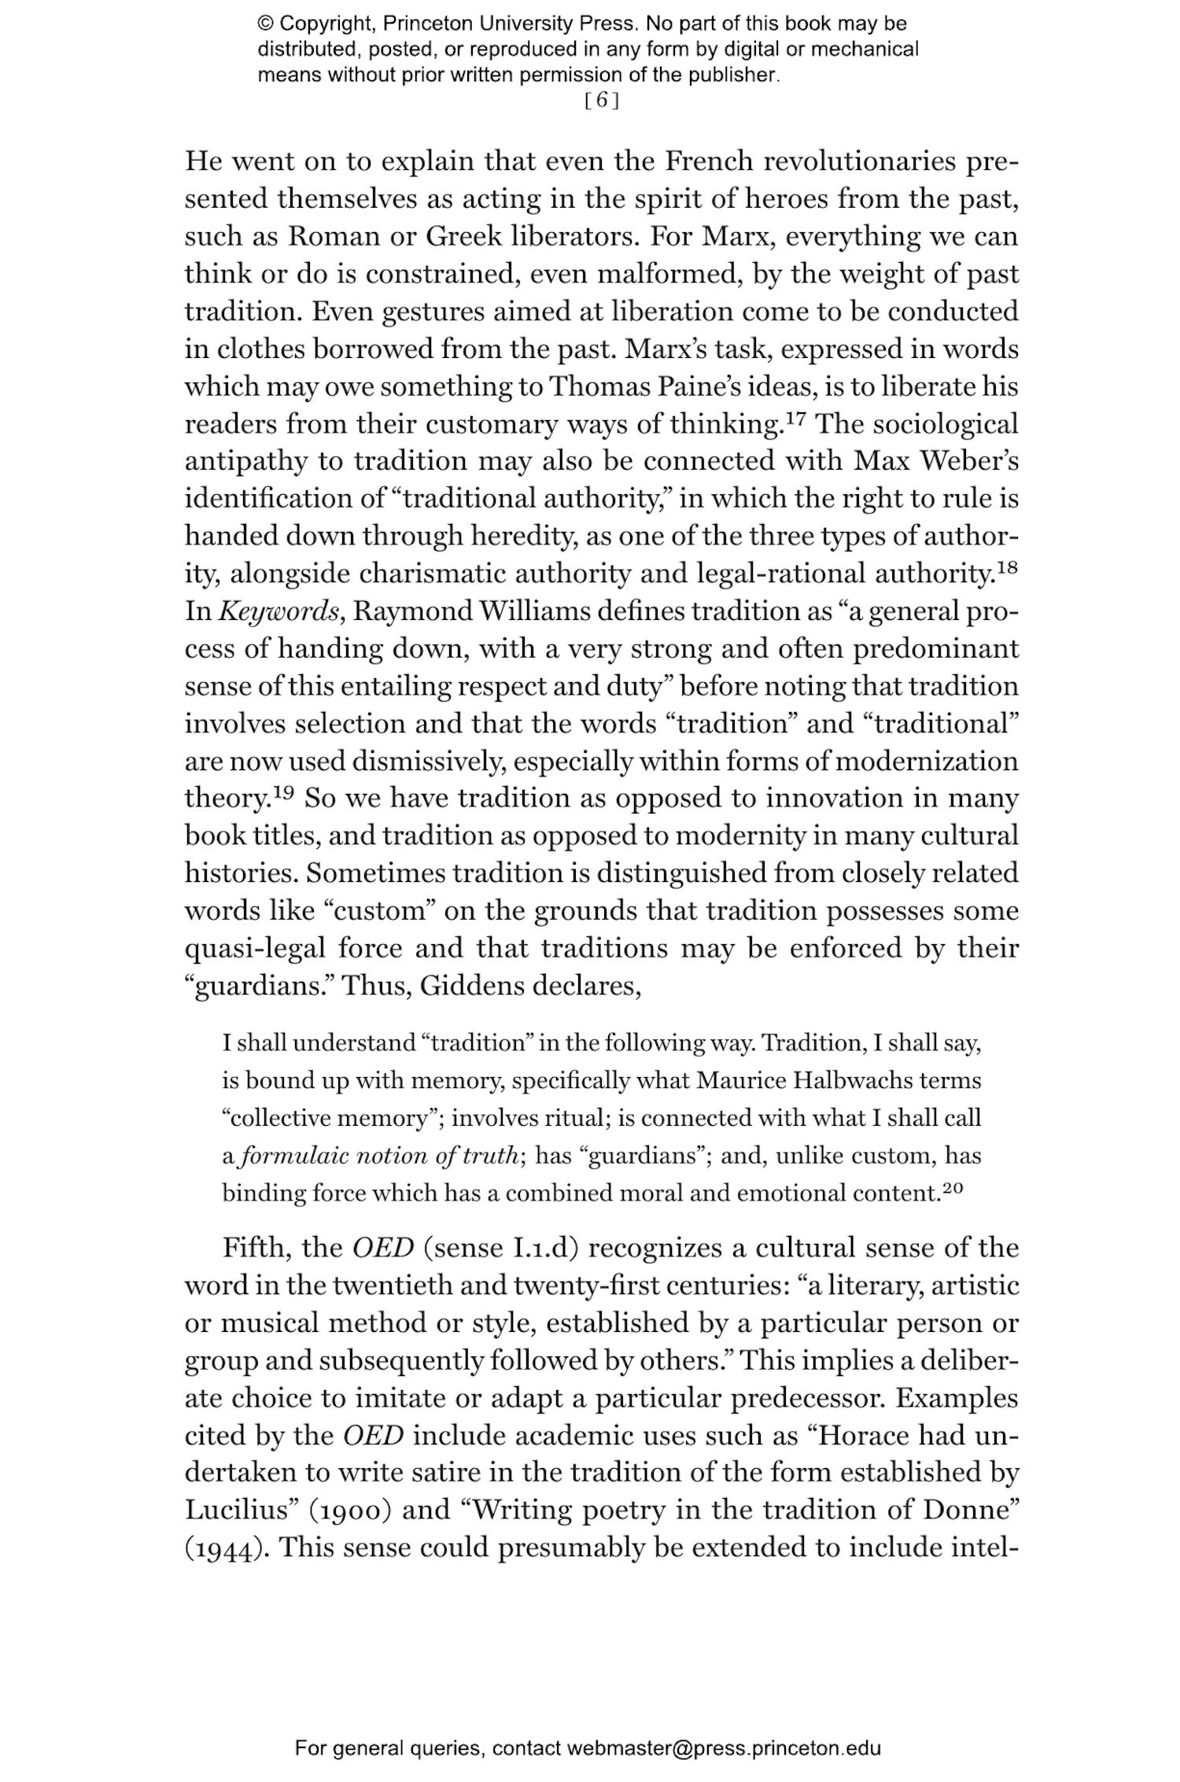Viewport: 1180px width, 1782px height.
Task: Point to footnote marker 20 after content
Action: (952, 1189)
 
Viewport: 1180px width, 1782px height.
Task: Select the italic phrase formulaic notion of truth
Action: (379, 1156)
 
